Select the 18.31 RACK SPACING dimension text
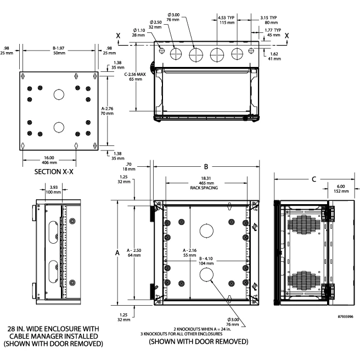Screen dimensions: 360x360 pyautogui.click(x=206, y=183)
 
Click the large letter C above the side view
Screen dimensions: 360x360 pyautogui.click(x=313, y=178)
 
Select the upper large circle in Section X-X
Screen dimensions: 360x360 pyautogui.click(x=59, y=94)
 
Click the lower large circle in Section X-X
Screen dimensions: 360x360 pyautogui.click(x=59, y=127)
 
